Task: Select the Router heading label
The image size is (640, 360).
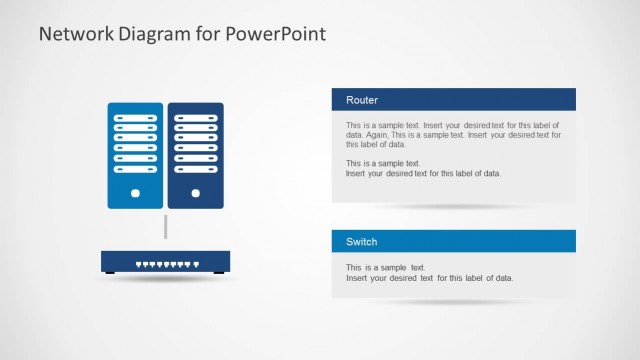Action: [x=362, y=100]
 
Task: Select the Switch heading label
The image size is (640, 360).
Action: [x=362, y=242]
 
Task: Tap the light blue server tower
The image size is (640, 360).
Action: [x=135, y=155]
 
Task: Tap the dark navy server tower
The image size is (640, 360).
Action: [x=196, y=155]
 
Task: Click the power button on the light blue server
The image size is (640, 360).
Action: [x=135, y=192]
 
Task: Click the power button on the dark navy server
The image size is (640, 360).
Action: [x=196, y=192]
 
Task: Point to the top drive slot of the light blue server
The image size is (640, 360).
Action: [x=135, y=118]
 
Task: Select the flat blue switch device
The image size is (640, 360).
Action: [x=165, y=262]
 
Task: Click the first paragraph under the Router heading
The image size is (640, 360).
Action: [x=453, y=134]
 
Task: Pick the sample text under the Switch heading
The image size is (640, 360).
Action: [x=429, y=273]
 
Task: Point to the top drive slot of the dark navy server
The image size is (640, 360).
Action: [x=196, y=118]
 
